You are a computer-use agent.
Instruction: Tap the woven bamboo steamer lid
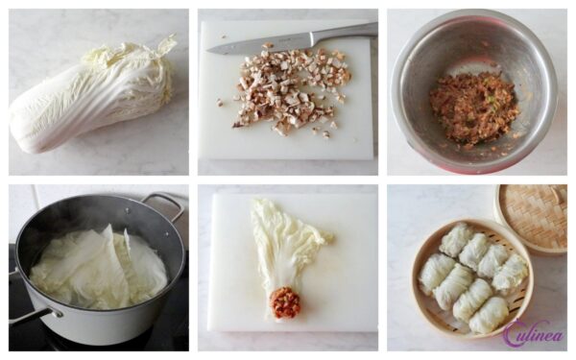(533, 219)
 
